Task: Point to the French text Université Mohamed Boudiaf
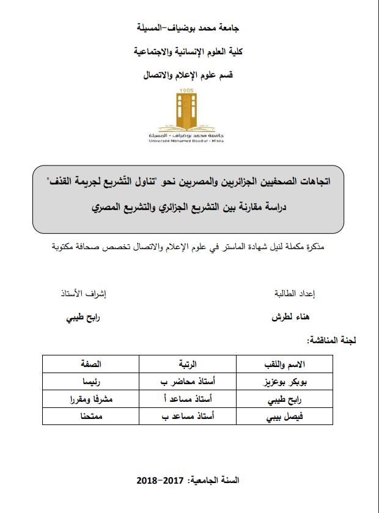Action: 189,140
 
